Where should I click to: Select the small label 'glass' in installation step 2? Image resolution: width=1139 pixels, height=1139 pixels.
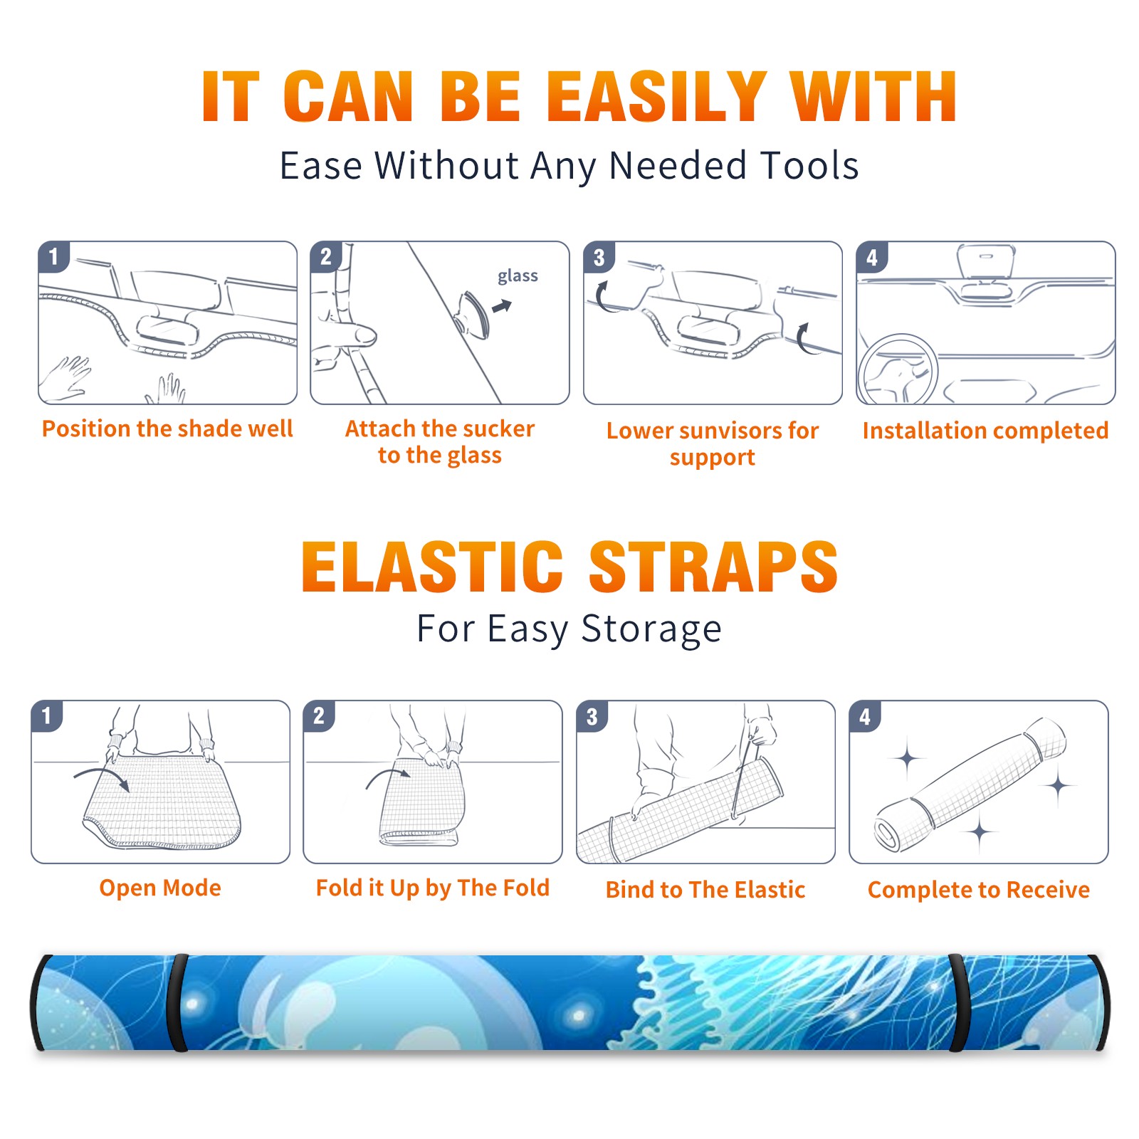tap(518, 276)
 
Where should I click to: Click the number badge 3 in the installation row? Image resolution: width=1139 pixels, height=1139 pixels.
tap(599, 257)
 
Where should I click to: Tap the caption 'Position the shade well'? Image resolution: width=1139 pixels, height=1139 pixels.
tap(167, 429)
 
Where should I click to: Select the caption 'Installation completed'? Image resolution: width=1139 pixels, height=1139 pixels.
tap(985, 430)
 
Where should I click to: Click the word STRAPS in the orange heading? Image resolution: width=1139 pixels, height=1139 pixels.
tap(713, 567)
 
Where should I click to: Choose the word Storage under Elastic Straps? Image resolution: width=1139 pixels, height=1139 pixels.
tap(651, 629)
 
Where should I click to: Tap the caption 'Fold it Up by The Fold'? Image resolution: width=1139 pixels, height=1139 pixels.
tap(433, 888)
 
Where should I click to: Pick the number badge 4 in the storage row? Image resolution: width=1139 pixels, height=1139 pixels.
tap(865, 716)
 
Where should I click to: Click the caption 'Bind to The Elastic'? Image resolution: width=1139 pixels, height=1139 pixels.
tap(705, 890)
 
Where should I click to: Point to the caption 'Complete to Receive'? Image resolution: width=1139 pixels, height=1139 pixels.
tap(979, 890)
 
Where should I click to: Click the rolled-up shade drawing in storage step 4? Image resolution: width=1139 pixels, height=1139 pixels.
tap(970, 785)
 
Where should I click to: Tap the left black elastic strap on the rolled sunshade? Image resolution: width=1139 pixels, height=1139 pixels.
tap(178, 1003)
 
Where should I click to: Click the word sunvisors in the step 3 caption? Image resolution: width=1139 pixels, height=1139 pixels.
tap(730, 431)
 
